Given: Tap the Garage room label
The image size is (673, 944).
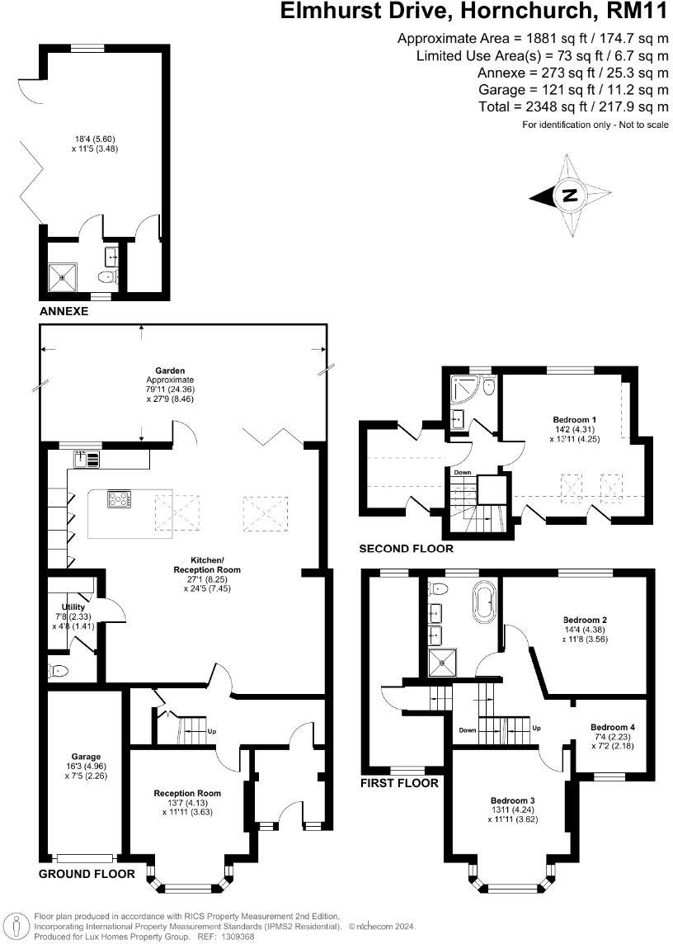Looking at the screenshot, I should tap(86, 756).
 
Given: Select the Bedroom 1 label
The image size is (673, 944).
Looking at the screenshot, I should tap(574, 419).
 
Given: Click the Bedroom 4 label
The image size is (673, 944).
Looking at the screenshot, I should tap(612, 727).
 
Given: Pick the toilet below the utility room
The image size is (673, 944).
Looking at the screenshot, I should tap(59, 670).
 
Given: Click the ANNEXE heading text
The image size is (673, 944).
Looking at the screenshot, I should tap(64, 312).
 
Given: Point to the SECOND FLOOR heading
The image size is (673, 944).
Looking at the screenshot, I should tap(406, 548).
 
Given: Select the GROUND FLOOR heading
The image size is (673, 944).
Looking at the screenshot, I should tap(86, 873).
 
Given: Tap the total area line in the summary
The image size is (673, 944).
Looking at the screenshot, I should tap(573, 107).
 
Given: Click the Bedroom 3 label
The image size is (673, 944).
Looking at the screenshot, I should tap(513, 800).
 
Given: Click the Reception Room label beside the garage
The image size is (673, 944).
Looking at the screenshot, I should tap(187, 793).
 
